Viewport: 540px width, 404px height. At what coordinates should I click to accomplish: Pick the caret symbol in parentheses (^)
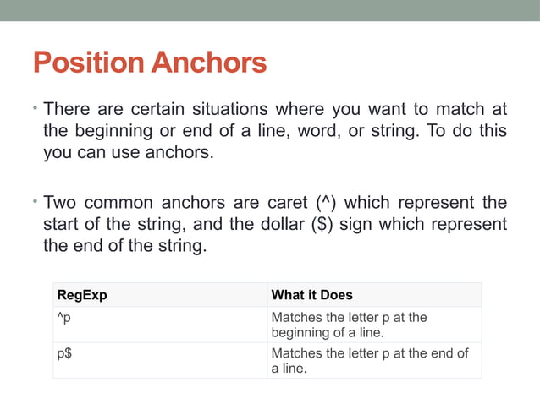tap(324, 204)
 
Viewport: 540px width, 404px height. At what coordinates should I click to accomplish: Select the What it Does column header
tap(311, 295)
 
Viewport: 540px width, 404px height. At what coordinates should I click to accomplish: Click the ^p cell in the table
tap(63, 318)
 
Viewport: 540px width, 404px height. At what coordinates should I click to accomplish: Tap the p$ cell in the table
tap(63, 354)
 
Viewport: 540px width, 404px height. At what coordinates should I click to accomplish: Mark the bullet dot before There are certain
tap(36, 110)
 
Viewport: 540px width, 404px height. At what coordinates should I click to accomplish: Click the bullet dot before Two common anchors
tap(36, 204)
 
